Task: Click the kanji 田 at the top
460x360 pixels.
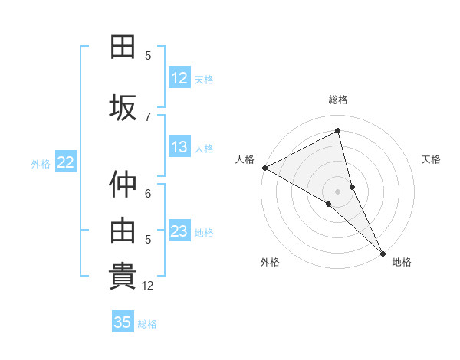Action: coord(123,47)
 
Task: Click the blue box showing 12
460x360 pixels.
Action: coord(179,78)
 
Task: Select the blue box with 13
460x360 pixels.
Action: coord(179,147)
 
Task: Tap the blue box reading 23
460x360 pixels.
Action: coord(179,231)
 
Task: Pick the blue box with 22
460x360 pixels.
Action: coord(66,162)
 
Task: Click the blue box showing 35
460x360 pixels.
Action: coord(123,322)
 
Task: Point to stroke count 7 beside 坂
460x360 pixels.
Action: coord(148,116)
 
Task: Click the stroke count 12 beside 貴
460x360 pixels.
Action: coord(148,286)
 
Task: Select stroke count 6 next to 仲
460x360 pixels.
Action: coord(148,193)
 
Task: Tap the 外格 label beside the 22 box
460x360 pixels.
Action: coord(41,163)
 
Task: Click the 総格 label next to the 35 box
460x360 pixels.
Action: coord(147,323)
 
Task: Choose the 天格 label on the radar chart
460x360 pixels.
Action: coord(432,159)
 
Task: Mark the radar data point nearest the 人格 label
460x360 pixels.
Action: coord(264,167)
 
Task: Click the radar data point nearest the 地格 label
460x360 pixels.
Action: coord(383,252)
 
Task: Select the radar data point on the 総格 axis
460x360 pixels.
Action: coord(337,131)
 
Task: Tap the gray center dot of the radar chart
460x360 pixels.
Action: coord(337,191)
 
